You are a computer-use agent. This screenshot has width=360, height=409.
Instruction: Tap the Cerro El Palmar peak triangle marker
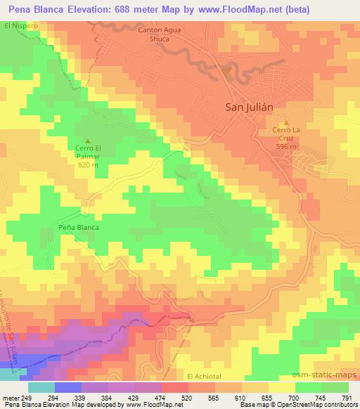(x=88, y=140)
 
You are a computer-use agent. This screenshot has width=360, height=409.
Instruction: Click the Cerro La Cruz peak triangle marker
(x=285, y=123)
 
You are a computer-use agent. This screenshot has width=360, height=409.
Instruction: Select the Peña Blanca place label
(x=79, y=228)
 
